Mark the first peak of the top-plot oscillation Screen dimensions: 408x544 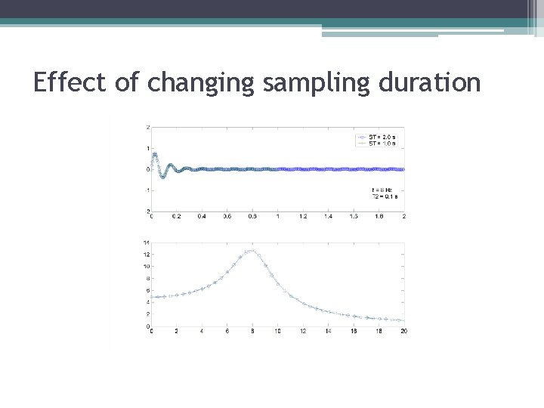coord(155,155)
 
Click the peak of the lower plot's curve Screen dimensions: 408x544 coord(251,250)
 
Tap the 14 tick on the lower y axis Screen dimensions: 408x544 coord(146,243)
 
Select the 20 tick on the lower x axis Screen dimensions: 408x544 coord(403,331)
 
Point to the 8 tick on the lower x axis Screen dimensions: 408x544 coord(252,331)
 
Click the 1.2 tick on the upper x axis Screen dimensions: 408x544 coord(303,216)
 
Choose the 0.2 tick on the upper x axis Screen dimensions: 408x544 coord(177,216)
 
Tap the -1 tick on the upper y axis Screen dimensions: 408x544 coord(147,190)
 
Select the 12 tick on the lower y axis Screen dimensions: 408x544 coord(146,255)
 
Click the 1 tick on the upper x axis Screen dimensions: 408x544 coord(277,216)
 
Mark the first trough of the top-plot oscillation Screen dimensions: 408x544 coord(162,177)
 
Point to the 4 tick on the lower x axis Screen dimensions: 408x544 coord(202,331)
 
